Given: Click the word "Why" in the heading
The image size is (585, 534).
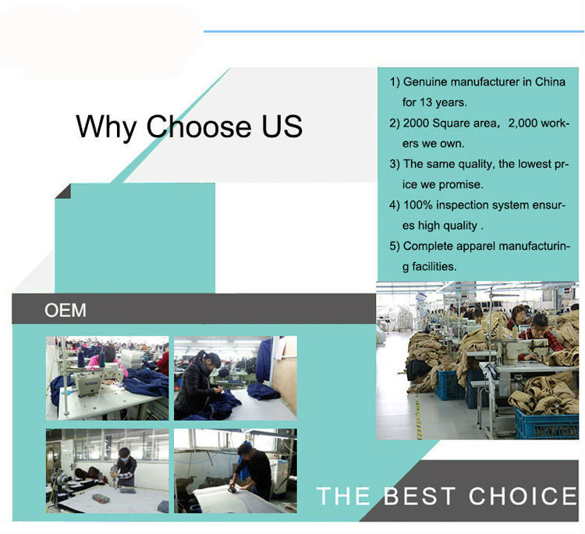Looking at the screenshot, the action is pyautogui.click(x=105, y=127).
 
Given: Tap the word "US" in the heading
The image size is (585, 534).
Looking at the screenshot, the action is pyautogui.click(x=282, y=126).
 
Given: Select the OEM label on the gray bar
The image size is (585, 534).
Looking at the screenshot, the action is pyautogui.click(x=66, y=310).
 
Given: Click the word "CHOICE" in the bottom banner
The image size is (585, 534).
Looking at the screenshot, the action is pyautogui.click(x=523, y=496).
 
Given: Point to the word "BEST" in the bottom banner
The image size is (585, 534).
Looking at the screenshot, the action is pyautogui.click(x=420, y=496).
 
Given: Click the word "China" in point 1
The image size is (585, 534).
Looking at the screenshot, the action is pyautogui.click(x=550, y=82).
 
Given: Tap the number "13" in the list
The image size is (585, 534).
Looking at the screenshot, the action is pyautogui.click(x=426, y=102).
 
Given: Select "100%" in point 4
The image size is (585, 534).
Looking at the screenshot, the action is pyautogui.click(x=418, y=205).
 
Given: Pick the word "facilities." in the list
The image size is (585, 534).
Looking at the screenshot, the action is pyautogui.click(x=434, y=266).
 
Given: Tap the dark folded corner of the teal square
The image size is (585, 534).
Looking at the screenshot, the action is pyautogui.click(x=64, y=192).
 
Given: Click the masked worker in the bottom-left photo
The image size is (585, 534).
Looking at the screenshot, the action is pyautogui.click(x=125, y=468).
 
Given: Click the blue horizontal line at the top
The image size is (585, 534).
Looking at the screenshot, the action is pyautogui.click(x=394, y=31).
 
